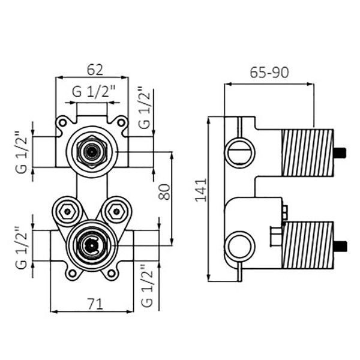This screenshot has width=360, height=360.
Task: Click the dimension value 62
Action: (95, 70)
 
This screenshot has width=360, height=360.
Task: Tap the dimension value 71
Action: (95, 304)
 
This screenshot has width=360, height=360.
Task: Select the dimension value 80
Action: (164, 192)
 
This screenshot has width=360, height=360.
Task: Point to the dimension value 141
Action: (201, 190)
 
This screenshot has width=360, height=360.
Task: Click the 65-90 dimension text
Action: (269, 73)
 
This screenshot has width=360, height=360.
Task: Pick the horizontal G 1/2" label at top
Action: (94, 91)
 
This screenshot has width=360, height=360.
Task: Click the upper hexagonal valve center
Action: (92, 152)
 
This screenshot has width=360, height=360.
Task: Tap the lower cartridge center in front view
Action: (92, 245)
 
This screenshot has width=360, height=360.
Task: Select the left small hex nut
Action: (67, 211)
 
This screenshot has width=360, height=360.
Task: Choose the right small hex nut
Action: (116, 211)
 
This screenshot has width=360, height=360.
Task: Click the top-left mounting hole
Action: (62, 123)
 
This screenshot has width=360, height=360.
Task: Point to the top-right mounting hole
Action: (121, 123)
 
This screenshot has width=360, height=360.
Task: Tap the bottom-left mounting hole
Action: (73, 273)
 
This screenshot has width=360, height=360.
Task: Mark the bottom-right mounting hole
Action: (112, 273)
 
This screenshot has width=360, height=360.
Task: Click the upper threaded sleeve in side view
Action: (308, 152)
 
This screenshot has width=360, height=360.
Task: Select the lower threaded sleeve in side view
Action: (308, 245)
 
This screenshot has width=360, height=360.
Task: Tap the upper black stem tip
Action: (340, 152)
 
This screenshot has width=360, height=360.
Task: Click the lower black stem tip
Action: (340, 246)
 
